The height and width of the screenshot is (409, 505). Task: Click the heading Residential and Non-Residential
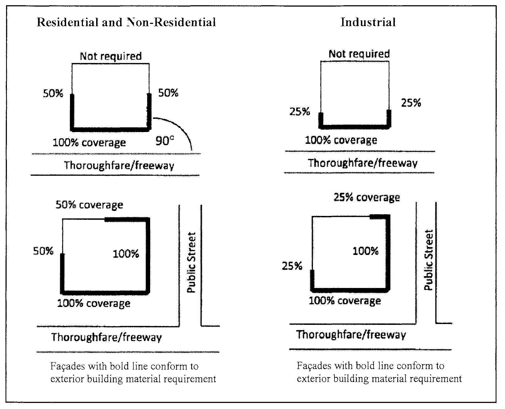[x=126, y=22]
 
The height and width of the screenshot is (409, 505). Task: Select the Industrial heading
[x=368, y=22]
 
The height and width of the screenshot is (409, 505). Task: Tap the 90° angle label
[x=165, y=141]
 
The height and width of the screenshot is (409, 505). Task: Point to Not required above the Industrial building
[x=359, y=54]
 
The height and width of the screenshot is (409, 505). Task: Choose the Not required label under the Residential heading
[x=111, y=56]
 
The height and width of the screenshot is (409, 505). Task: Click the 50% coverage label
[x=89, y=205]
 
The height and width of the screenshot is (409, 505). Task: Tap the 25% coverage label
[x=367, y=197]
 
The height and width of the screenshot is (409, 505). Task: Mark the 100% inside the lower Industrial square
[x=366, y=251]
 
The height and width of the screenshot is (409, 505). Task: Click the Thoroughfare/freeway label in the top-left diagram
[x=119, y=166]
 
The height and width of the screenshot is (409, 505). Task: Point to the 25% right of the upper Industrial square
[x=411, y=103]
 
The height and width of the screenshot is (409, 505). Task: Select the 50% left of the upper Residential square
[x=53, y=94]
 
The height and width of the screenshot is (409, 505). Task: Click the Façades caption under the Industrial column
[x=379, y=372]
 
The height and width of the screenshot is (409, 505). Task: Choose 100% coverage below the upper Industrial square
[x=341, y=141]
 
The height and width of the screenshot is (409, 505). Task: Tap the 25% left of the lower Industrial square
[x=292, y=266]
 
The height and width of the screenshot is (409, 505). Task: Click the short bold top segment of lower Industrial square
[x=379, y=217]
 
